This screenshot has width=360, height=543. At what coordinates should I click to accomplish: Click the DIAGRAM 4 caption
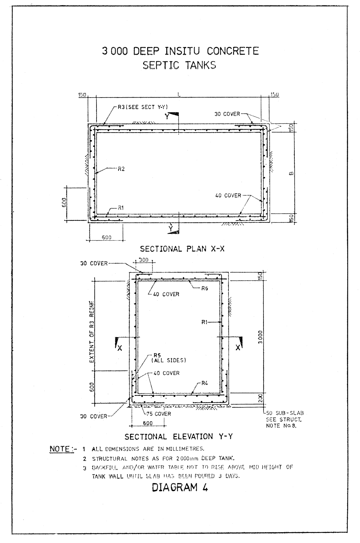(180, 488)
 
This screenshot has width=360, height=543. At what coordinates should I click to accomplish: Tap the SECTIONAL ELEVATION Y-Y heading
(179, 436)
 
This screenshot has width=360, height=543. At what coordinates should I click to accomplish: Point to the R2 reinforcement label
(121, 169)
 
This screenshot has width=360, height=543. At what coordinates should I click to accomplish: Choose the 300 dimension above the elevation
(143, 260)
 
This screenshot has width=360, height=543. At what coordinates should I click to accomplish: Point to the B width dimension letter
(291, 172)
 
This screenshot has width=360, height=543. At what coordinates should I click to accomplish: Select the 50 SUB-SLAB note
(281, 413)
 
